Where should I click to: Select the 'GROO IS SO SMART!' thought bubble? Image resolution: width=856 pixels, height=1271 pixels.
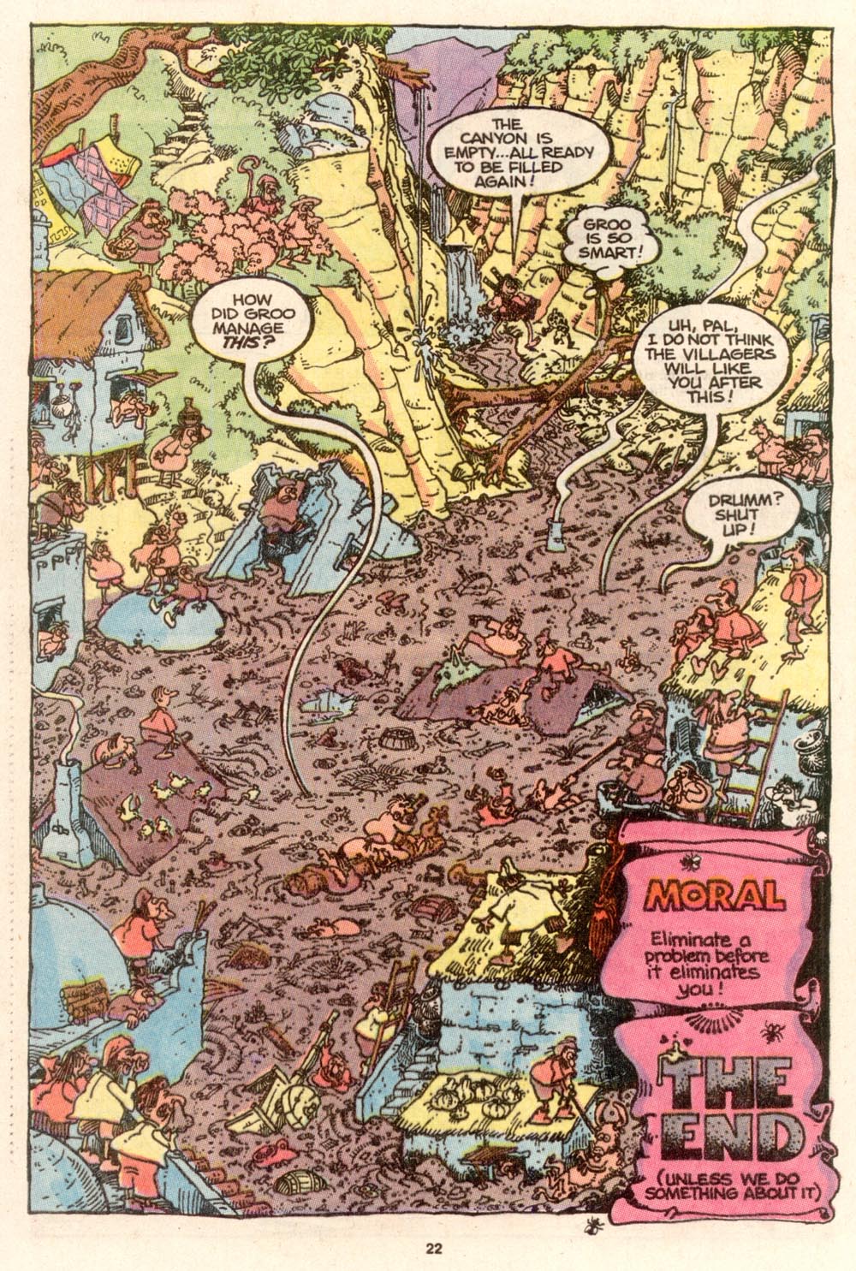598,229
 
